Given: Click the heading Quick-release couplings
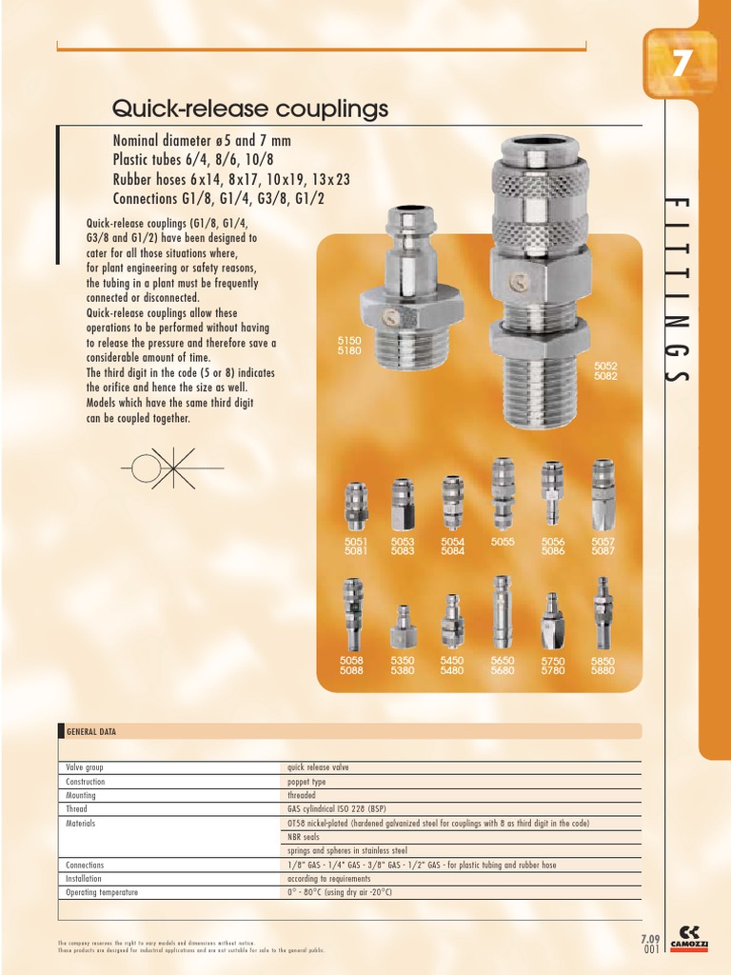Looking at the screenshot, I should pos(250,109).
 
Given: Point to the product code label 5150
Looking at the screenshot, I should pos(349,339).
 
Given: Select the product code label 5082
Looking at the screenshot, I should pos(606,376).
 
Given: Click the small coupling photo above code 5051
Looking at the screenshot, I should pos(355,507).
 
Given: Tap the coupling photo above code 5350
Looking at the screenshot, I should pos(403,627).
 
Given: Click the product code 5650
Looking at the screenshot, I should pos(503,660).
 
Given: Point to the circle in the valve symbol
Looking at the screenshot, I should pos(146,468).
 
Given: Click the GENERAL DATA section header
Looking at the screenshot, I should pos(91,731).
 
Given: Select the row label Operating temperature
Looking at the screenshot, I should pos(102,892).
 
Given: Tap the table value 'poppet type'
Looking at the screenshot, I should pos(306,781).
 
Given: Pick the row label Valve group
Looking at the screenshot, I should pos(85,766).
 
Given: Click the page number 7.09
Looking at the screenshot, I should pos(651,939).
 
